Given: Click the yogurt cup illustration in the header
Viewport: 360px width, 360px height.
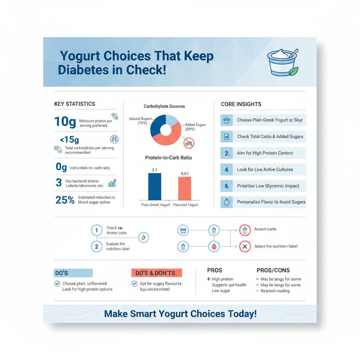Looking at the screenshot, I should pyautogui.click(x=282, y=63).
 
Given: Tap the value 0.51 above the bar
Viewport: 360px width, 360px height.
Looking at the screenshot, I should pyautogui.click(x=185, y=174).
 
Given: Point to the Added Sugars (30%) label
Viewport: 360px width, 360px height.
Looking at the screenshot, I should pyautogui.click(x=195, y=127).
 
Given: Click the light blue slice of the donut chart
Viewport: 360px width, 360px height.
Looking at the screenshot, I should pyautogui.click(x=173, y=121).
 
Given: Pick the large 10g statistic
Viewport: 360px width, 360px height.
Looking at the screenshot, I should pyautogui.click(x=65, y=122).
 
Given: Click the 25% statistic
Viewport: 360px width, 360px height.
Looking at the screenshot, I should pyautogui.click(x=65, y=200).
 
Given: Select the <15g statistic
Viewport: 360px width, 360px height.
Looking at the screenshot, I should pyautogui.click(x=69, y=140).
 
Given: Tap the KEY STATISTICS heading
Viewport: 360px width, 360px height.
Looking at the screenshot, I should pyautogui.click(x=75, y=104).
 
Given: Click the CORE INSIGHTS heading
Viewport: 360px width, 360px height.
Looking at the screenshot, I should pyautogui.click(x=241, y=104).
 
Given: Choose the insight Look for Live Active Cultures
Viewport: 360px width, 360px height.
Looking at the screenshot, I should pyautogui.click(x=265, y=169).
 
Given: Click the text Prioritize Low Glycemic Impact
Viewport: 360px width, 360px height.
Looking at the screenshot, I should pyautogui.click(x=268, y=186).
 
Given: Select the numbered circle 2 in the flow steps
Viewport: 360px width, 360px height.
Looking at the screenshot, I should pyautogui.click(x=96, y=246).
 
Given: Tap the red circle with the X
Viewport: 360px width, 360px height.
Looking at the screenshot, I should pyautogui.click(x=245, y=246).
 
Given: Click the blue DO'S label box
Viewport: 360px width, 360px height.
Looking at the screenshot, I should pyautogui.click(x=73, y=273).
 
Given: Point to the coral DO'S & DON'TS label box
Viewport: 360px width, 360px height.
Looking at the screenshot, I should pyautogui.click(x=156, y=273).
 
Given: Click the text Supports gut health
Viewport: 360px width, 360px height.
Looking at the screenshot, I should pyautogui.click(x=229, y=285).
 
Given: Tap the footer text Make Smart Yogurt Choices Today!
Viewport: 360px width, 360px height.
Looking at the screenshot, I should pyautogui.click(x=180, y=314).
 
